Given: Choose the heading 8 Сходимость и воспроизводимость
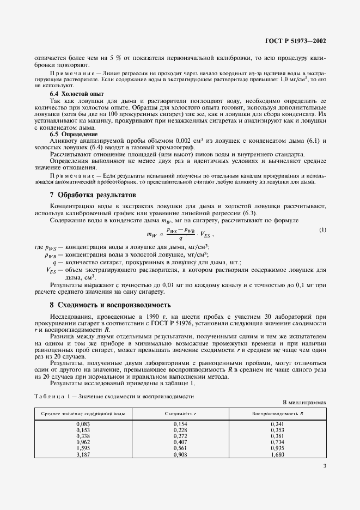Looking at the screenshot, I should click(111, 305).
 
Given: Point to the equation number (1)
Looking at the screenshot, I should click(322, 230).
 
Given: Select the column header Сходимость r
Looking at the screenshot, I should click(180, 414).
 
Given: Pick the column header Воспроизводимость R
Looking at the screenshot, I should click(277, 414).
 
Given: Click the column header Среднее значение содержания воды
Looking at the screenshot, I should click(83, 414).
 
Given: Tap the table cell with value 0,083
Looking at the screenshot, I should click(83, 423).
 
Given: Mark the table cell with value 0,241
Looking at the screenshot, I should click(277, 423).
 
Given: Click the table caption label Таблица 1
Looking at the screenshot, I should click(52, 397).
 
